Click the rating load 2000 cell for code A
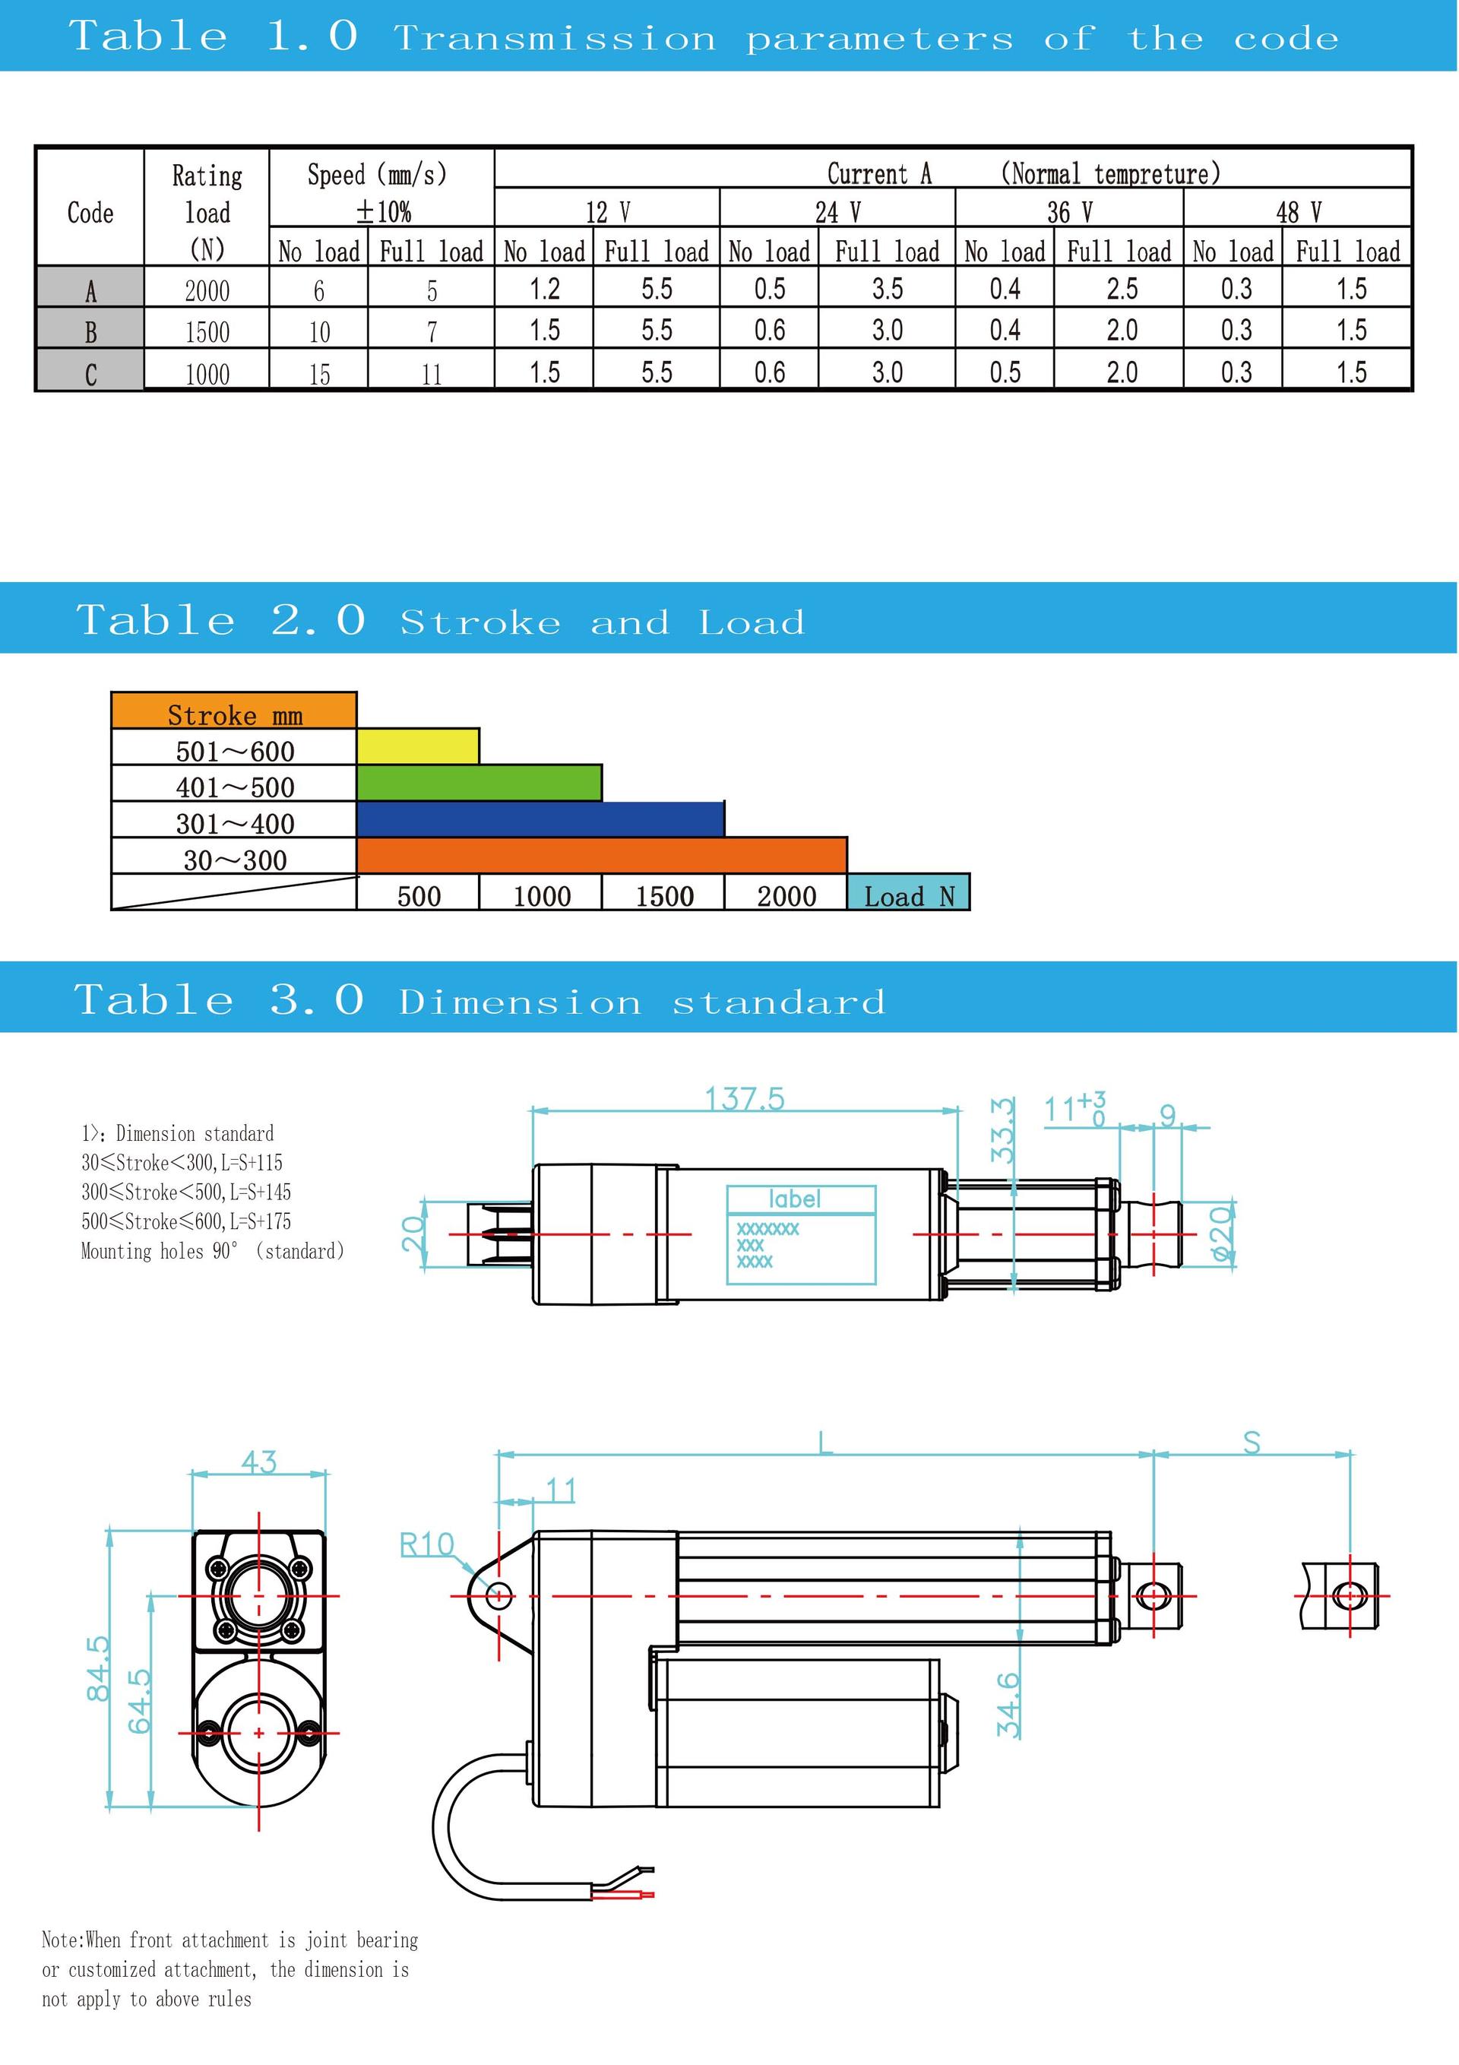tap(207, 290)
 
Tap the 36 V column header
tap(1069, 212)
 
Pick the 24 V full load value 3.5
tap(887, 289)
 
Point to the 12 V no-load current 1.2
tap(544, 289)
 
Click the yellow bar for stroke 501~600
tap(418, 746)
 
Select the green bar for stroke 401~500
tap(479, 783)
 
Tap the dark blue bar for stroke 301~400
tap(540, 819)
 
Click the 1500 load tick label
tap(664, 896)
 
